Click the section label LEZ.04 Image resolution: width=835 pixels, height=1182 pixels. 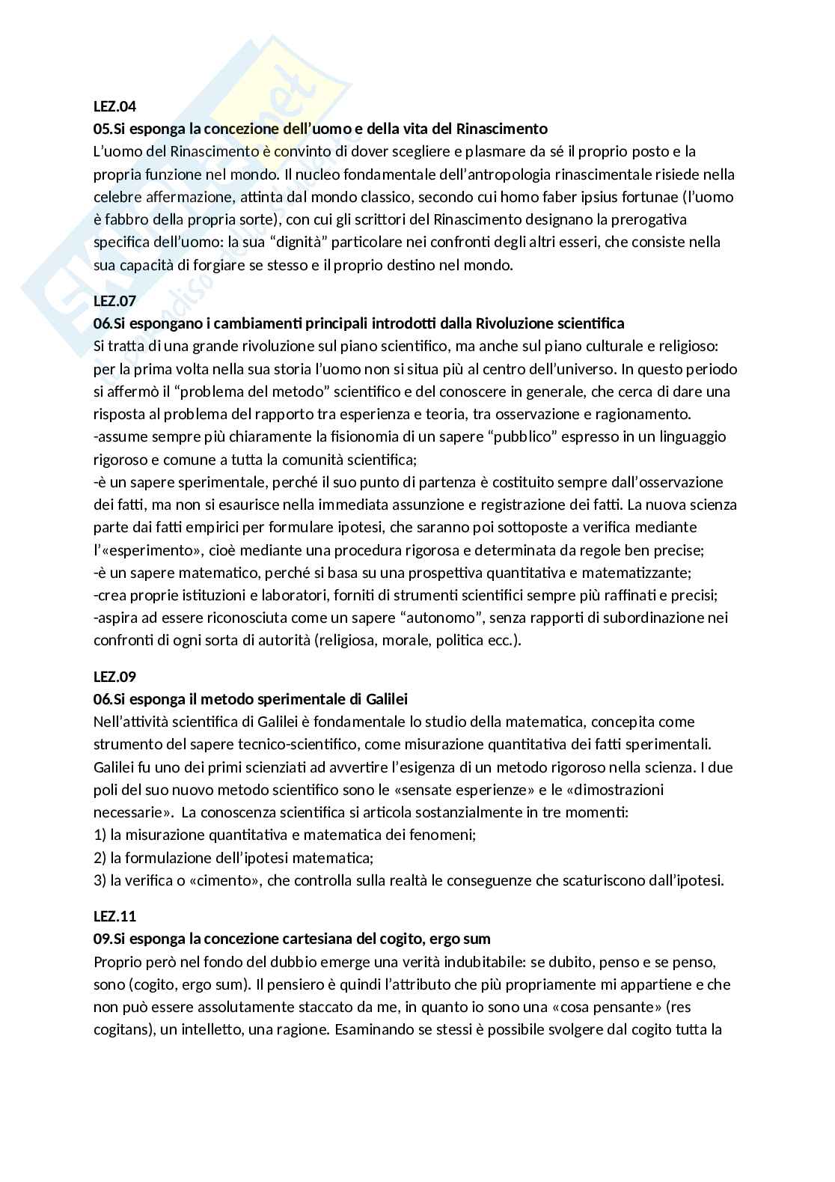tap(114, 106)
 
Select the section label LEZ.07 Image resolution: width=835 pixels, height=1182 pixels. tap(114, 301)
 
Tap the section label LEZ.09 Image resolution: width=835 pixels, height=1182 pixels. tap(114, 677)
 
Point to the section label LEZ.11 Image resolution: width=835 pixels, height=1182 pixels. tap(114, 916)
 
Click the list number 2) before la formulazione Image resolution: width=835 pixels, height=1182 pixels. tap(100, 857)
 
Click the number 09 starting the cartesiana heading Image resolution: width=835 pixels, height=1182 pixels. tap(102, 939)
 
